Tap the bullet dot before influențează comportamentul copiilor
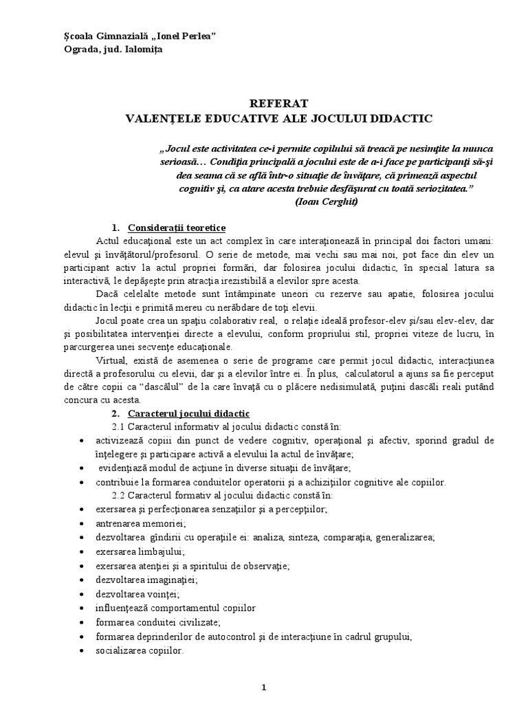[82, 608]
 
